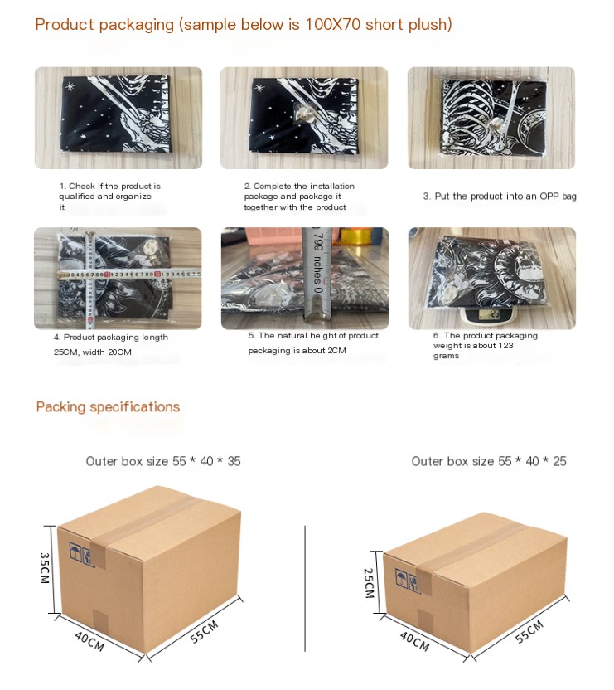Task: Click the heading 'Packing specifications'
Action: (x=108, y=407)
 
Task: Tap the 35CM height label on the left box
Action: (x=45, y=568)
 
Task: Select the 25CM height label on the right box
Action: (x=369, y=583)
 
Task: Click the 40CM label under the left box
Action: (x=89, y=641)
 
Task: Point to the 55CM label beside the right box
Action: (x=529, y=631)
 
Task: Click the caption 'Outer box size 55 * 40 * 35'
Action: (x=163, y=461)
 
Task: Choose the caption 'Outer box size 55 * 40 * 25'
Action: (x=489, y=461)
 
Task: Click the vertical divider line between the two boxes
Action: (x=305, y=588)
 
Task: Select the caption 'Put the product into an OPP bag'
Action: (x=505, y=197)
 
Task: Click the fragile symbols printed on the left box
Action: (x=82, y=555)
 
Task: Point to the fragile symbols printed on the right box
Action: (x=408, y=581)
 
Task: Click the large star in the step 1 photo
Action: (x=70, y=86)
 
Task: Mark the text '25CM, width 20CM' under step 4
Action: (x=92, y=352)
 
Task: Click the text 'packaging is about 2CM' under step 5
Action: (x=297, y=351)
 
